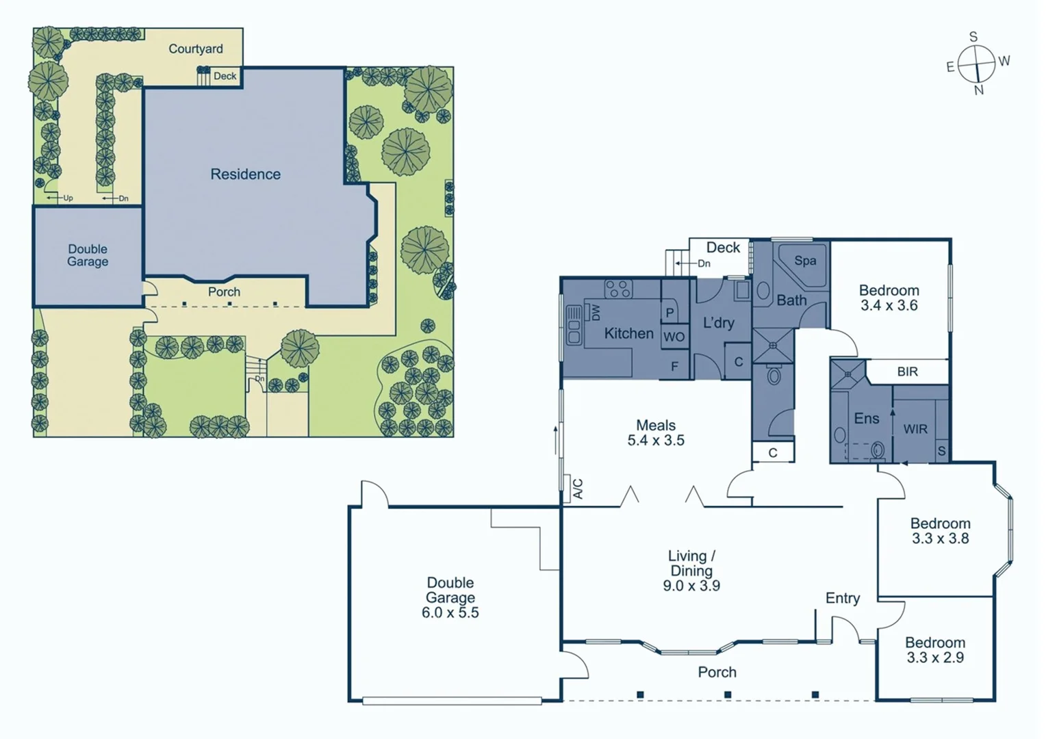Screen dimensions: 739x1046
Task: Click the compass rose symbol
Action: [x=976, y=64]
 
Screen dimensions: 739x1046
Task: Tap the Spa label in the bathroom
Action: [x=805, y=261]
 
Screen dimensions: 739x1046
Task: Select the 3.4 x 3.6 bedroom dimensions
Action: [x=889, y=306]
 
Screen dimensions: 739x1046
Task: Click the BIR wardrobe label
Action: [x=907, y=372]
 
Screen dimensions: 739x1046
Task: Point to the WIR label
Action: [x=915, y=429]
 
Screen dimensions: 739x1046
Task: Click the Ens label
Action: [x=866, y=418]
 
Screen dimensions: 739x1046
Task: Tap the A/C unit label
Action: [x=578, y=489]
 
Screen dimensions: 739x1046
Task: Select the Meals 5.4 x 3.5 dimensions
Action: [x=656, y=441]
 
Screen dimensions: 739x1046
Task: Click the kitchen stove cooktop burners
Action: [x=618, y=289]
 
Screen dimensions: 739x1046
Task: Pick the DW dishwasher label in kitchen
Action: [x=595, y=313]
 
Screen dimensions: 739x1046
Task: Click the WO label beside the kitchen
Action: [x=674, y=337]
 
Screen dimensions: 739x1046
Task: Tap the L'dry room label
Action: [x=718, y=323]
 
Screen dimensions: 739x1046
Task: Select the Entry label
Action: [x=842, y=598]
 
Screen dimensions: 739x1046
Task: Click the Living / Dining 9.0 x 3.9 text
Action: [x=691, y=586]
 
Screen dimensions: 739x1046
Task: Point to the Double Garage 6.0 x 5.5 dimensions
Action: [x=450, y=612]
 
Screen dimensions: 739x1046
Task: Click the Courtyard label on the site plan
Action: [x=196, y=49]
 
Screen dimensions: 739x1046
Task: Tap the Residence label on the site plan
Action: [x=245, y=174]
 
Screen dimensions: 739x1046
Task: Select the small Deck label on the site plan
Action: [x=225, y=76]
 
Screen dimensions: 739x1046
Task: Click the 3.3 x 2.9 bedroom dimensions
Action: [x=935, y=658]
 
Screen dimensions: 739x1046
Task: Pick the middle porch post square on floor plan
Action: [x=728, y=695]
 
